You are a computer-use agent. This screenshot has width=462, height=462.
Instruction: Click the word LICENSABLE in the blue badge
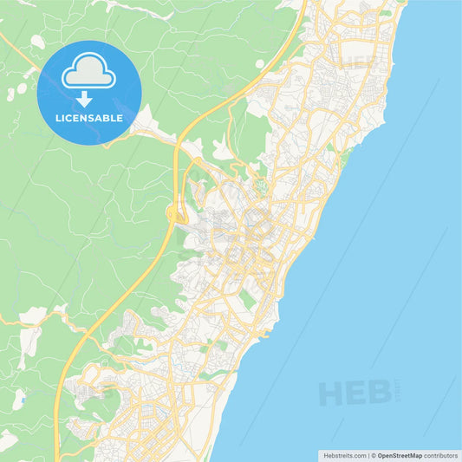point(89,118)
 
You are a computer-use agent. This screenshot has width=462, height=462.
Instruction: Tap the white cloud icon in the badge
point(89,71)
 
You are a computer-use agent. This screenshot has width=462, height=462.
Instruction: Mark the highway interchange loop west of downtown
point(174,213)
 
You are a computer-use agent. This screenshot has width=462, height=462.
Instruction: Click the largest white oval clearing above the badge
point(37,41)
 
